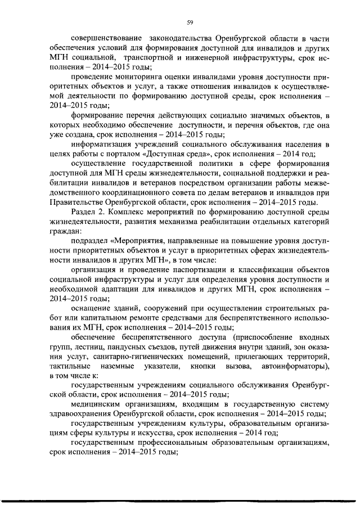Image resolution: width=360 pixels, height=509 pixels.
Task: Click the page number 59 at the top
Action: tap(190, 22)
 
